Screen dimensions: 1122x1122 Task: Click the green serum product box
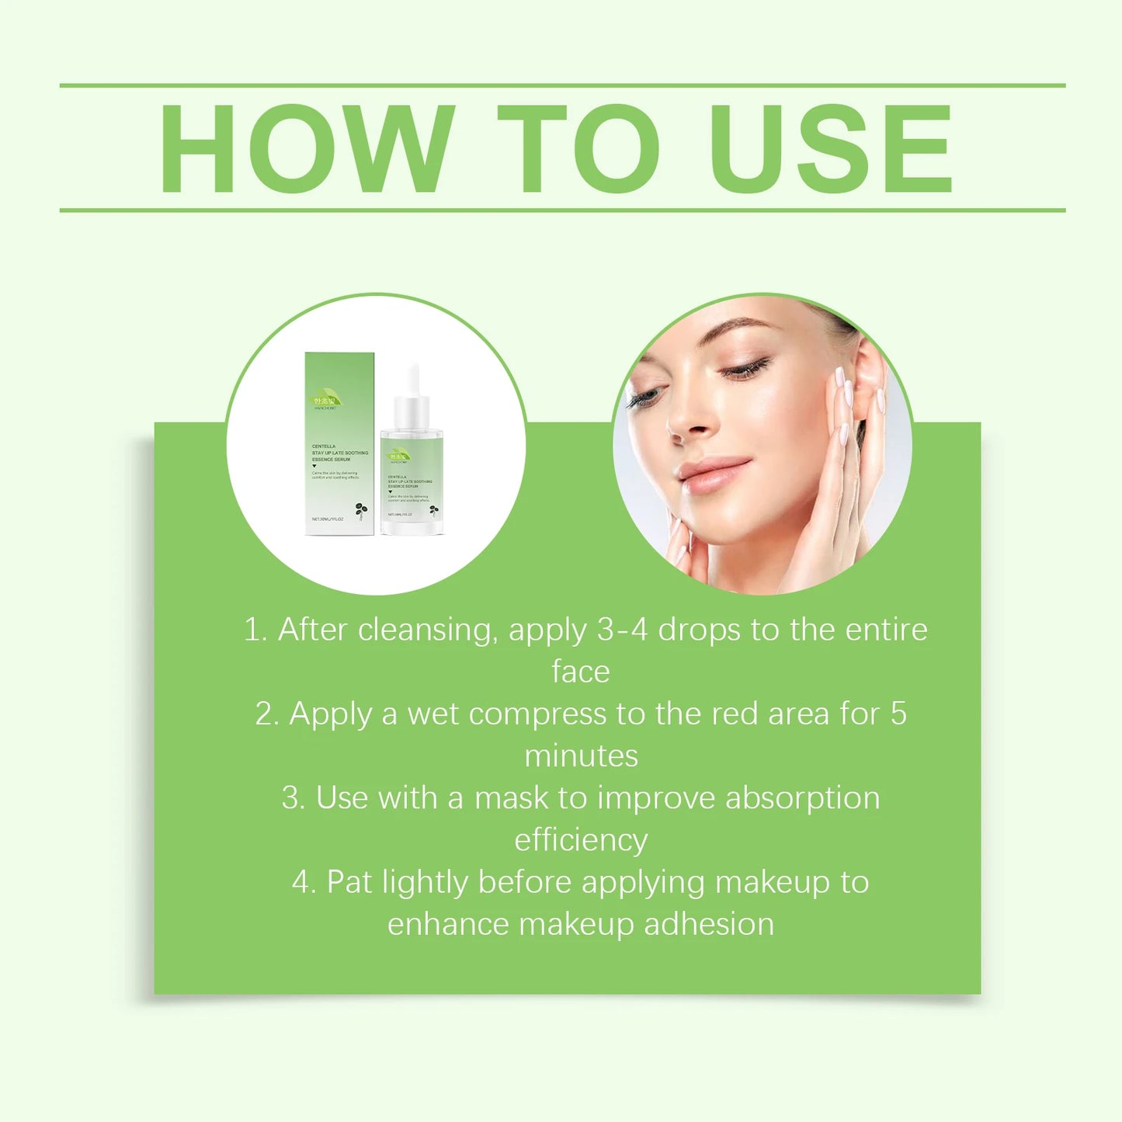pyautogui.click(x=339, y=443)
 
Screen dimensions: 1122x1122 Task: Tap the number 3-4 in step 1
pyautogui.click(x=622, y=630)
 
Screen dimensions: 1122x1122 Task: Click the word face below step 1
pyautogui.click(x=580, y=672)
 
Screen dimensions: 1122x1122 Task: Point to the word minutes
pyautogui.click(x=581, y=756)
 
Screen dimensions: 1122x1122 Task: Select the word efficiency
pyautogui.click(x=581, y=840)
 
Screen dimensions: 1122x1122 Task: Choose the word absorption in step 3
pyautogui.click(x=802, y=798)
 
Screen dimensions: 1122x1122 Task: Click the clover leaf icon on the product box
pyautogui.click(x=360, y=510)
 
